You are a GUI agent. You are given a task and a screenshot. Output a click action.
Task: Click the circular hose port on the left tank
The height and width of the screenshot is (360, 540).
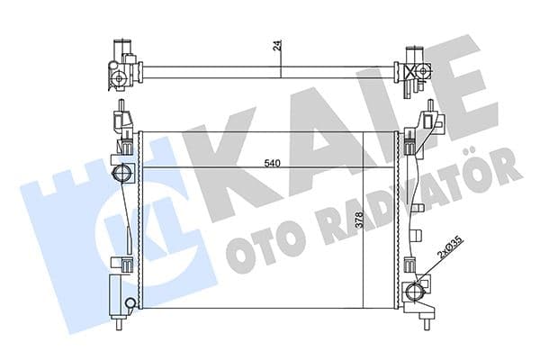pos(120,174)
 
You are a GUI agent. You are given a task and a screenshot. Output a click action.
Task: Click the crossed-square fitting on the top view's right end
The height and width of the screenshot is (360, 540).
pos(415,67)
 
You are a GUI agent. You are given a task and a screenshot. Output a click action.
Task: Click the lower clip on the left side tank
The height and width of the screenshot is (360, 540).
pos(120,264)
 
